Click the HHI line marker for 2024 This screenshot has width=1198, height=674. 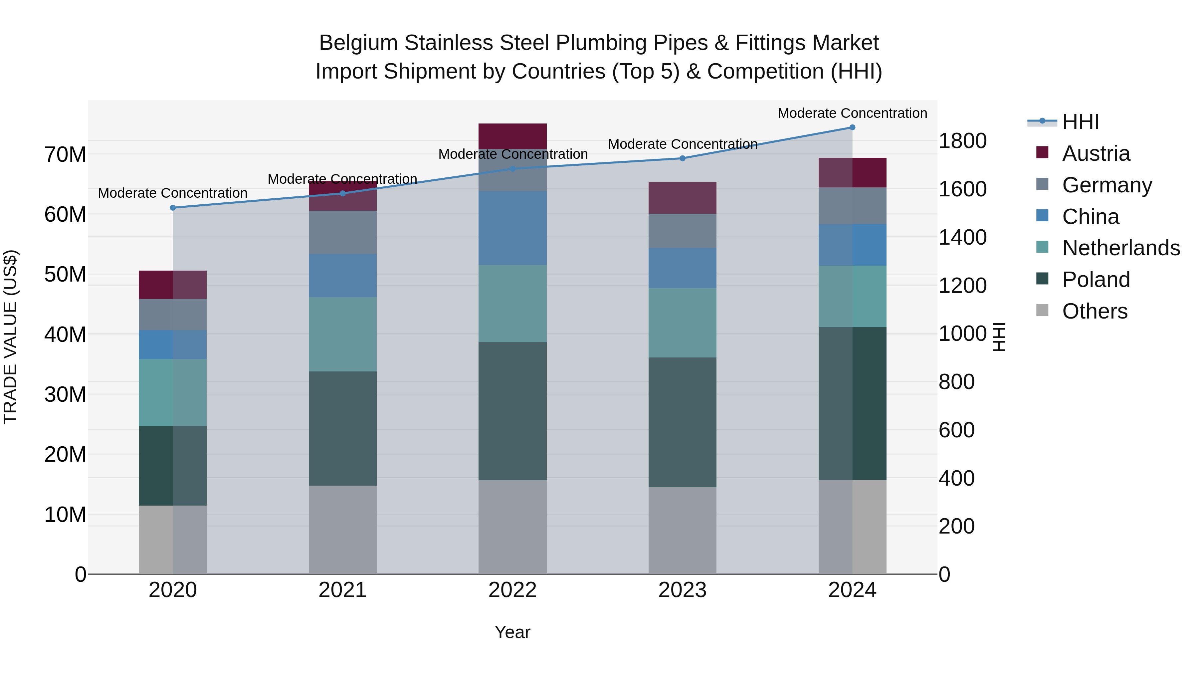pyautogui.click(x=852, y=127)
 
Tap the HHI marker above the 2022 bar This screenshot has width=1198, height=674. pyautogui.click(x=512, y=169)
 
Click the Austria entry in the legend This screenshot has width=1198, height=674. pyautogui.click(x=1095, y=153)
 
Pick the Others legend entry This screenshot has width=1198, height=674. pyautogui.click(x=1094, y=311)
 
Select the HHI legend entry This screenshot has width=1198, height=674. pyautogui.click(x=1080, y=122)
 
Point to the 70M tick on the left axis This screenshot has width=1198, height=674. pyautogui.click(x=65, y=155)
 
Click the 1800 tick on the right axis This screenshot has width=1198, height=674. pyautogui.click(x=962, y=141)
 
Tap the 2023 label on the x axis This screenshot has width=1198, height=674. pyautogui.click(x=682, y=590)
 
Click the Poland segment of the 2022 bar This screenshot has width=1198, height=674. pyautogui.click(x=512, y=411)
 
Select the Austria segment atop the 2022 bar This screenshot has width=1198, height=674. pyautogui.click(x=512, y=136)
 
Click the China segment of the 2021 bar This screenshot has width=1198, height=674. pyautogui.click(x=342, y=275)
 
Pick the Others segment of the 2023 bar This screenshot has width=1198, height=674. pyautogui.click(x=682, y=530)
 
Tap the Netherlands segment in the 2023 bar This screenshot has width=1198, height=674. pyautogui.click(x=682, y=323)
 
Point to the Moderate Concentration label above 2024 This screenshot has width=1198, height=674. pyautogui.click(x=852, y=113)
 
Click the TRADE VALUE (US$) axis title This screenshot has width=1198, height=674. pyautogui.click(x=11, y=337)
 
